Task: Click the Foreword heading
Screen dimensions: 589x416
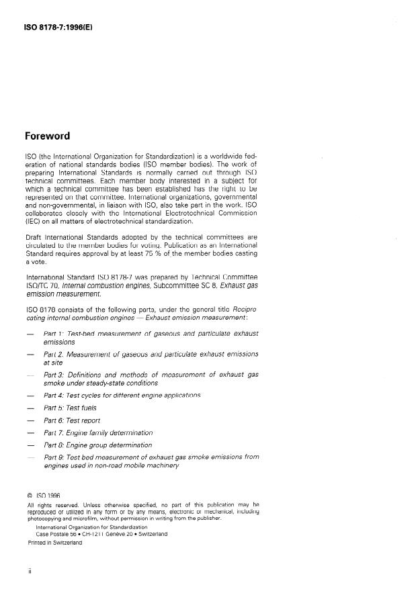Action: (x=47, y=136)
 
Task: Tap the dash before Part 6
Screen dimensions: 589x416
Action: (x=30, y=421)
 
